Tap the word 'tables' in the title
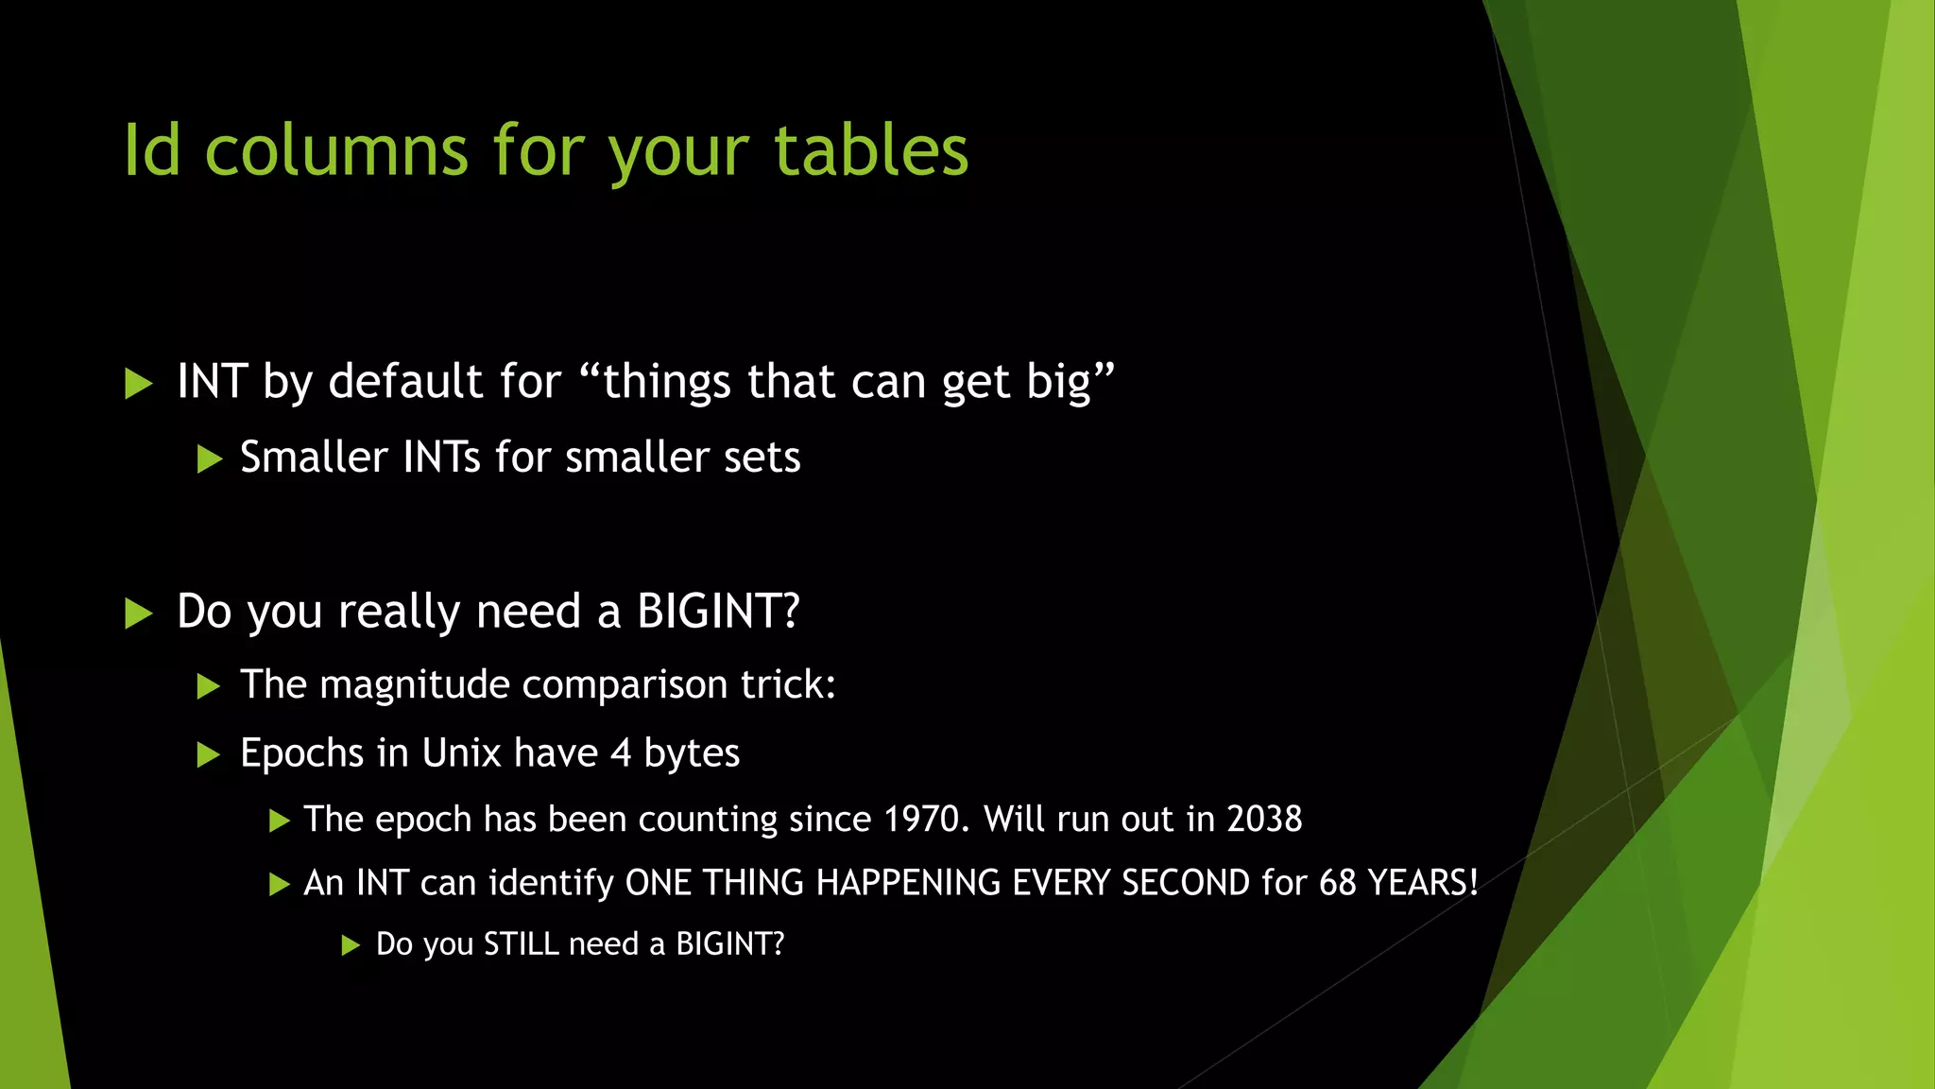point(871,151)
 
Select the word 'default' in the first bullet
point(406,382)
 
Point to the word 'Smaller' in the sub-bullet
point(314,458)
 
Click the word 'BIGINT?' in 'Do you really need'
point(718,612)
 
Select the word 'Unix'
point(461,753)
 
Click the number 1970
point(920,820)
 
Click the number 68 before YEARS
point(1338,883)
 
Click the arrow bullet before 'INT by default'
point(138,384)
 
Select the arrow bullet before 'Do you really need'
point(138,614)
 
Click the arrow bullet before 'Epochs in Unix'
point(208,755)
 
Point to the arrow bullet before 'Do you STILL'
point(351,945)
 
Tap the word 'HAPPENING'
point(908,883)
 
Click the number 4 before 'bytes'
point(620,753)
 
